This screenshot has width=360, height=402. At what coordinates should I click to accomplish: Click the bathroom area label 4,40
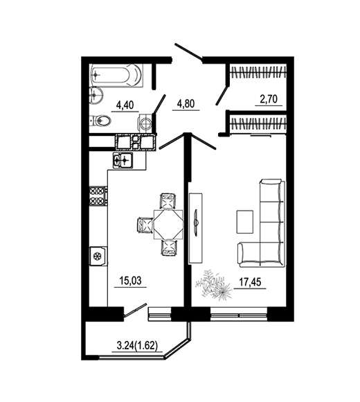[x=125, y=105]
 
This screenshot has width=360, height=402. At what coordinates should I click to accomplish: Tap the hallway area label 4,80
[x=186, y=104]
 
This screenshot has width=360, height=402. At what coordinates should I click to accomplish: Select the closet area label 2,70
[x=269, y=99]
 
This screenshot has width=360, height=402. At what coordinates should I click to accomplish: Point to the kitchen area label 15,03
[x=130, y=281]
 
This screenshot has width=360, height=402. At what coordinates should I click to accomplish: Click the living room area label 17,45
[x=250, y=282]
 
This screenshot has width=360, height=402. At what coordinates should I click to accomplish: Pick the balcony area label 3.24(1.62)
[x=137, y=346]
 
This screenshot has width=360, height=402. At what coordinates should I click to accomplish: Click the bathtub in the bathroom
[x=117, y=76]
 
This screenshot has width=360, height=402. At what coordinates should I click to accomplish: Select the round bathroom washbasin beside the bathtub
[x=96, y=95]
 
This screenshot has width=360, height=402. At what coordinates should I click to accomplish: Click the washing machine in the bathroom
[x=145, y=123]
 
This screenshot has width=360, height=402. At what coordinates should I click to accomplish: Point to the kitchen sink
[x=123, y=161]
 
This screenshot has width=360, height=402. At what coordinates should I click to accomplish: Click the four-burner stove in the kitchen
[x=98, y=196]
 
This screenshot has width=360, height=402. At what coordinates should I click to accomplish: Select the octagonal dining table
[x=168, y=225]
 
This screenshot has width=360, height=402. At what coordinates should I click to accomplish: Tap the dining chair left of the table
[x=145, y=225]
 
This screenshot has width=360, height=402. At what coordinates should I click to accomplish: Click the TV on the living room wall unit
[x=196, y=221]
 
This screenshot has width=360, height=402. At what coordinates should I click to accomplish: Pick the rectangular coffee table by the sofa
[x=245, y=222]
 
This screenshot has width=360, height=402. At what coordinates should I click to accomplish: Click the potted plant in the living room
[x=214, y=285]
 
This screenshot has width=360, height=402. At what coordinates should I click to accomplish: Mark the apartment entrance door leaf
[x=188, y=53]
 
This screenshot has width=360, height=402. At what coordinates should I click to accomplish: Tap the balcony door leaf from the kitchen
[x=135, y=311]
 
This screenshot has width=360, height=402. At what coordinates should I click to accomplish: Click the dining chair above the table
[x=168, y=201]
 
